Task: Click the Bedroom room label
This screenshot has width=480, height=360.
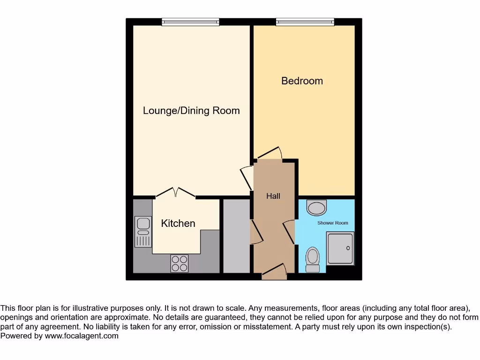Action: (302, 81)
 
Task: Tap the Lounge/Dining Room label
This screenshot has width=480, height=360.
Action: (191, 111)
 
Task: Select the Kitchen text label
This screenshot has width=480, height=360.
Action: (178, 224)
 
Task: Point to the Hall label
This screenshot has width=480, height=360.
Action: (273, 196)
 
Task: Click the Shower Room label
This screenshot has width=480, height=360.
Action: (333, 223)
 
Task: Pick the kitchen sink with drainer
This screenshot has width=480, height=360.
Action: (143, 232)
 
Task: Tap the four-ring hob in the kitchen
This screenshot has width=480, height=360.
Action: (179, 263)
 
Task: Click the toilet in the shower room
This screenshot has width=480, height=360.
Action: (312, 260)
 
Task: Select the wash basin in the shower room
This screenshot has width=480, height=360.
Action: (317, 207)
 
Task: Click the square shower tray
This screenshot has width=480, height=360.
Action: (340, 249)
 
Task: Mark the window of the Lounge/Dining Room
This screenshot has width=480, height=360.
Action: (190, 22)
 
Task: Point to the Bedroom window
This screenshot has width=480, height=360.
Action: (305, 22)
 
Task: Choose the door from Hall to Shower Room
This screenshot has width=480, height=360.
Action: (289, 232)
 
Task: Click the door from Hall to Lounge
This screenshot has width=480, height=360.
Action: (246, 178)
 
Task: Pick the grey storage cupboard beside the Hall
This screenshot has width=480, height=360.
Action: (236, 236)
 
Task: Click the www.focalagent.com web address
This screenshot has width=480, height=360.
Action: (82, 336)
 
